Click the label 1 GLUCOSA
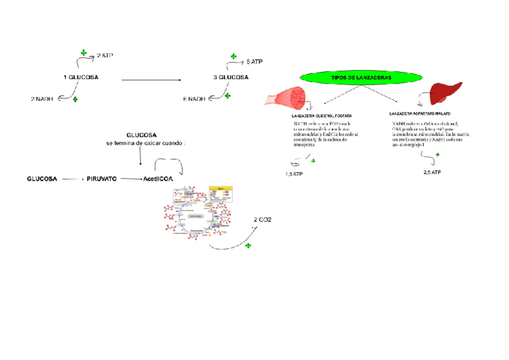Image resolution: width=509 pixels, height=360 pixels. pyautogui.click(x=81, y=77)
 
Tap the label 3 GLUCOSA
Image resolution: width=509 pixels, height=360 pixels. pyautogui.click(x=230, y=77)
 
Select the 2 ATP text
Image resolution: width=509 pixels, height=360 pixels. pyautogui.click(x=105, y=55)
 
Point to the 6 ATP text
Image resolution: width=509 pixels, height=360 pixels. pyautogui.click(x=254, y=62)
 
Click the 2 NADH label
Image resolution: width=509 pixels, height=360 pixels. pyautogui.click(x=42, y=98)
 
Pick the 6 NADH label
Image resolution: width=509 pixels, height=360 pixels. pyautogui.click(x=194, y=99)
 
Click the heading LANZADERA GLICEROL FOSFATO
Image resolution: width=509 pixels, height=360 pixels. pyautogui.click(x=321, y=115)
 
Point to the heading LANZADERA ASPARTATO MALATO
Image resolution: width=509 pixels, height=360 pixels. pyautogui.click(x=420, y=113)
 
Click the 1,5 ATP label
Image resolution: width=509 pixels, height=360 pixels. pyautogui.click(x=294, y=174)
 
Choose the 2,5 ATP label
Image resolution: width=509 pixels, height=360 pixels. pyautogui.click(x=432, y=172)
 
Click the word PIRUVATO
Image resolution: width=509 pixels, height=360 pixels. pyautogui.click(x=101, y=179)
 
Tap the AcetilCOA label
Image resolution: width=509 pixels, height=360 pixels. pyautogui.click(x=158, y=179)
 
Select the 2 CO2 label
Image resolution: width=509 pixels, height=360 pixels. pyautogui.click(x=262, y=220)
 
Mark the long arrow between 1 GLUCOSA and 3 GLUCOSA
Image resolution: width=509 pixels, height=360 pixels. pyautogui.click(x=151, y=80)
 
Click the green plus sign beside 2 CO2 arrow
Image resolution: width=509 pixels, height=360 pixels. pyautogui.click(x=248, y=246)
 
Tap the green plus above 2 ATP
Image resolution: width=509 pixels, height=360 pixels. pyautogui.click(x=83, y=53)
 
